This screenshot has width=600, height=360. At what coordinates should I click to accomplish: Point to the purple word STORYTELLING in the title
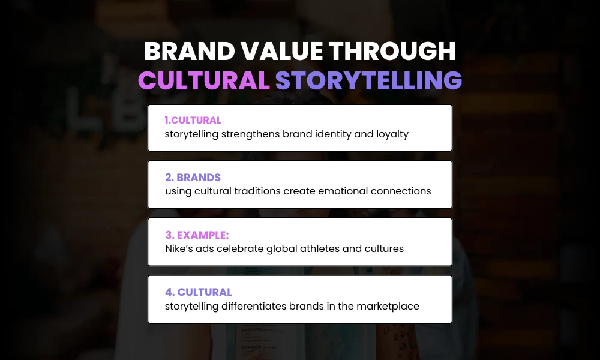pos(368,80)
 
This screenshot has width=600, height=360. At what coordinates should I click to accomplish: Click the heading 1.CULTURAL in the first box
pos(193,120)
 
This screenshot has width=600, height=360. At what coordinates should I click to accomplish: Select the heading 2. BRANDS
pos(193,178)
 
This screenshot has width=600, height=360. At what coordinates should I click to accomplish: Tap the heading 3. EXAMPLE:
pos(197,235)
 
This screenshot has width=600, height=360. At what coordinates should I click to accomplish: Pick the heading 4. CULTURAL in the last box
pos(199,292)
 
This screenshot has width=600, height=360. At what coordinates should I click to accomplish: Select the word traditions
pos(278,191)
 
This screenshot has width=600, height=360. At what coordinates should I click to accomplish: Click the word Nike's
pos(179,248)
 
